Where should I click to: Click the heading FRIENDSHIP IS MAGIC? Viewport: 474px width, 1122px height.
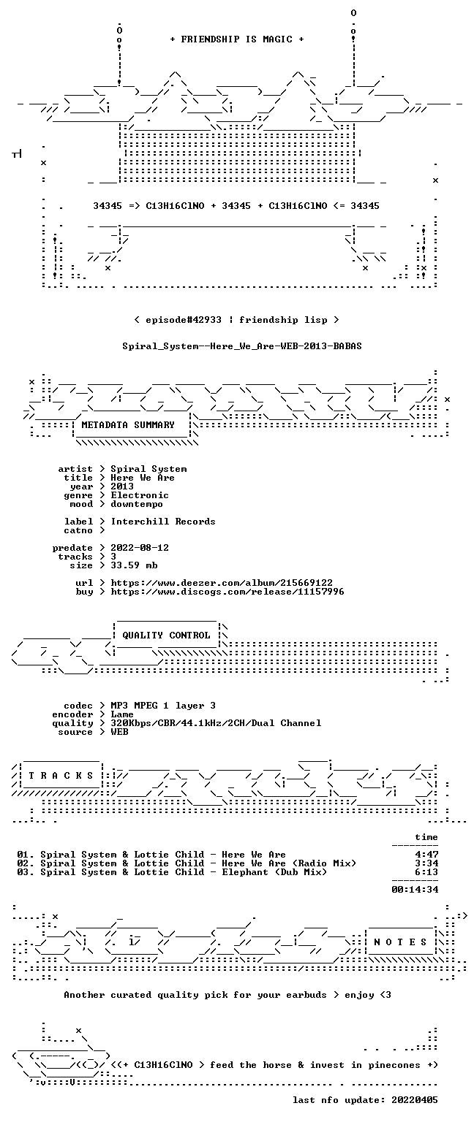(237, 39)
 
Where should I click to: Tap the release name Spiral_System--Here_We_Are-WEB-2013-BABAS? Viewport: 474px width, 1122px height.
(242, 346)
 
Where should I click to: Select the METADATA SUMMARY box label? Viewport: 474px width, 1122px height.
(128, 424)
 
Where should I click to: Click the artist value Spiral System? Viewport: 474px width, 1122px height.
(149, 469)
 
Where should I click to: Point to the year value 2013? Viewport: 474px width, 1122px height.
(122, 486)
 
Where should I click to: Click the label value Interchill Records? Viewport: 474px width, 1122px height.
(163, 522)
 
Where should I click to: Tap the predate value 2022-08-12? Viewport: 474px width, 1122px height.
(140, 547)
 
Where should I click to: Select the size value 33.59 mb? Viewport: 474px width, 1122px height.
(134, 565)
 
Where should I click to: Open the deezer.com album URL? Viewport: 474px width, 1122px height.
(222, 582)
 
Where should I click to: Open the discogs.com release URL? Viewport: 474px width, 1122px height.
(227, 592)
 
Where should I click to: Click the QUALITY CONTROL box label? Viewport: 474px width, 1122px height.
(166, 635)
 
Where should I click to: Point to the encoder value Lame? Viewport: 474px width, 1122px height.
(122, 714)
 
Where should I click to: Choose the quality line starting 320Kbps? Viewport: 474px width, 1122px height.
(216, 722)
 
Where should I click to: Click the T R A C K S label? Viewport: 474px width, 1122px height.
(61, 775)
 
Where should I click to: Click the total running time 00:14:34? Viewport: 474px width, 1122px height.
(415, 890)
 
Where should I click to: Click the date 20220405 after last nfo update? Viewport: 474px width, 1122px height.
(415, 1100)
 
